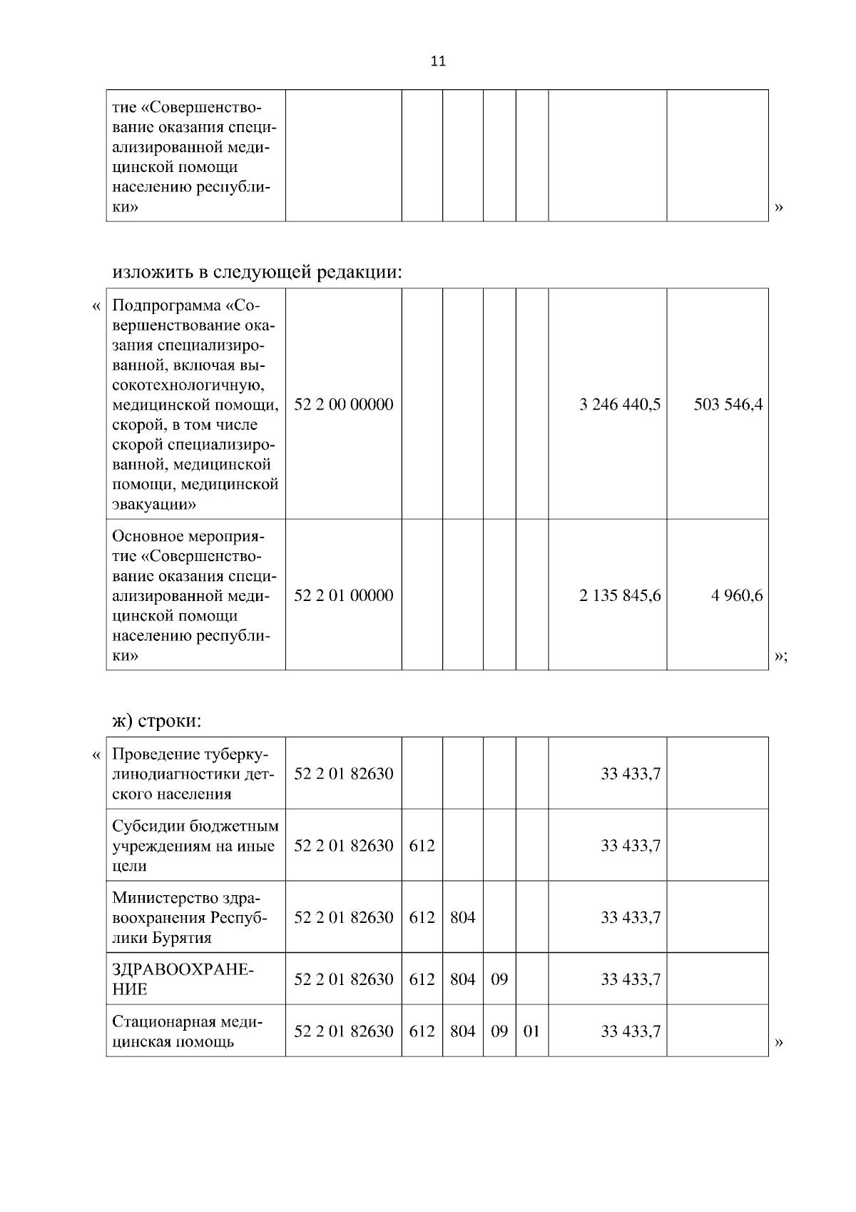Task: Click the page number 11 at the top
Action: [x=438, y=61]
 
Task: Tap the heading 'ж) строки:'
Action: [x=157, y=721]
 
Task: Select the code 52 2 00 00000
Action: [x=343, y=405]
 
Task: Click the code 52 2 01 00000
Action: [x=343, y=595]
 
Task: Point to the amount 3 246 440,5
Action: [x=620, y=405]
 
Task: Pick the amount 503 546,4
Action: [x=728, y=405]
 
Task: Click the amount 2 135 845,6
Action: [x=620, y=595]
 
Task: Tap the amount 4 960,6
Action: [x=736, y=595]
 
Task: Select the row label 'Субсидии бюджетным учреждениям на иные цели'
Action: [x=195, y=846]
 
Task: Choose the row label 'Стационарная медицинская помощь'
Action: [x=187, y=1031]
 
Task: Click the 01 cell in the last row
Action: [x=531, y=1031]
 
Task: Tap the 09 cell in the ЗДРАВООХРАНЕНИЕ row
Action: [x=499, y=979]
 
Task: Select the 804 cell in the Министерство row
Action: [x=462, y=917]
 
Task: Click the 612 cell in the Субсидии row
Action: [x=422, y=846]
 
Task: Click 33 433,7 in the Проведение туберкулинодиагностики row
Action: [x=630, y=774]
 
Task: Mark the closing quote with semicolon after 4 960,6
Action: [x=780, y=657]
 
